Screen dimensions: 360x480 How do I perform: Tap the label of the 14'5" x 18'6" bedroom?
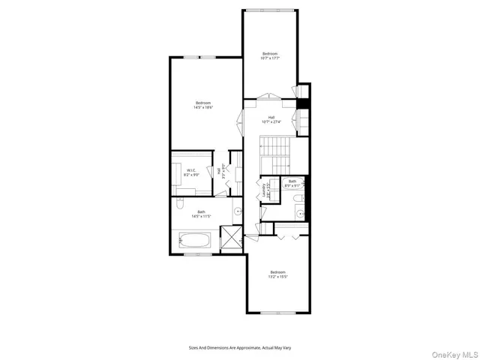coord(204,105)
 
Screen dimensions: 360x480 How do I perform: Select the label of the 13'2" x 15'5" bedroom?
coord(277,274)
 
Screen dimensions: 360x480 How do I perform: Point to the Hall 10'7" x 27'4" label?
coord(270,119)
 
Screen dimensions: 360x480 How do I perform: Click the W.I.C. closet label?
coord(192,172)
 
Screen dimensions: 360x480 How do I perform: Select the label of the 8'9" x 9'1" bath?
coord(292,182)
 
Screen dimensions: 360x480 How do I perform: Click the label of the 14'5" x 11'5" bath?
coord(201,214)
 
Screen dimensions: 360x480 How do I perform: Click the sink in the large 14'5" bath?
coord(238,213)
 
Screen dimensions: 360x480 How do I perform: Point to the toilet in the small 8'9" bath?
coord(297,198)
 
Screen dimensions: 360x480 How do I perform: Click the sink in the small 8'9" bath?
coord(301,213)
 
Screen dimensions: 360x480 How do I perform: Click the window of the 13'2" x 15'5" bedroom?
coord(277,311)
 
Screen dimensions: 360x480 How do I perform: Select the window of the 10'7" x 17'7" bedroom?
coord(270,10)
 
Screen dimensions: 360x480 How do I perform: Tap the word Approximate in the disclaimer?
coord(242,347)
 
